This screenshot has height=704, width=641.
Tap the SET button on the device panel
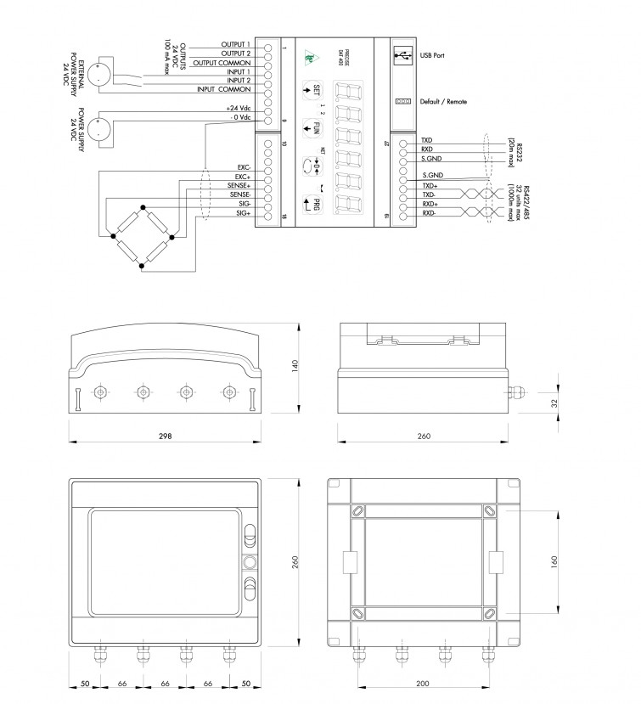coord(312,90)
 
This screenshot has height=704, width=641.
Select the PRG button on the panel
coord(312,203)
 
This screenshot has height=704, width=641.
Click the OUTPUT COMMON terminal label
coord(222,63)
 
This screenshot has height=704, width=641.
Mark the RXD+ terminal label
coord(430,205)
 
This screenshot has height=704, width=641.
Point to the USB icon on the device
coord(402,56)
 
